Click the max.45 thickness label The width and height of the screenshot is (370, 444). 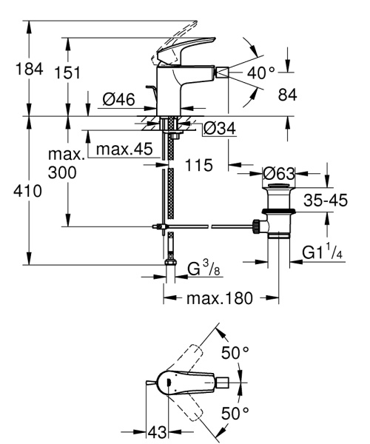click(124, 149)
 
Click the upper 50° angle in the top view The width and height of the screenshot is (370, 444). click(236, 352)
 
